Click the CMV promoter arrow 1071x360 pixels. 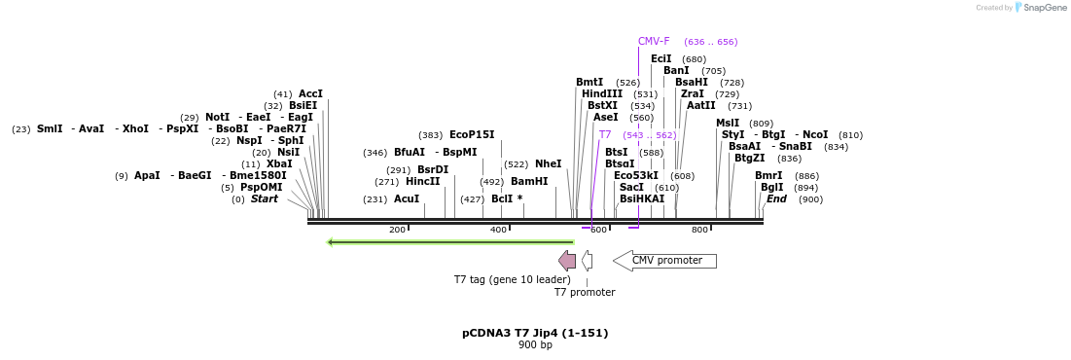[664, 261]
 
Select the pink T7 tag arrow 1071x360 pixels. [567, 261]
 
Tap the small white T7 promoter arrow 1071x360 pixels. [587, 261]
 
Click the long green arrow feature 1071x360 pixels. [450, 242]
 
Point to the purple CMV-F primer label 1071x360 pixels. [654, 42]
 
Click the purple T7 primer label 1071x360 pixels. [605, 135]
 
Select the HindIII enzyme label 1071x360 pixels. [602, 94]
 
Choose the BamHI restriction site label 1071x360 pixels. [529, 182]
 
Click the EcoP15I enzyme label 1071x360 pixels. [472, 135]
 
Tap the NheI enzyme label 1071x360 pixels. [548, 164]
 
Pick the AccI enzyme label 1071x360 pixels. [310, 94]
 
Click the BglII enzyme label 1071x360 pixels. [771, 188]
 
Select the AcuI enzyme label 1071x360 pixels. [407, 199]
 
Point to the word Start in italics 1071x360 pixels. [264, 199]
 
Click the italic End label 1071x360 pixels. [776, 199]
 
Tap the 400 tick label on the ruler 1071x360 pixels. [498, 230]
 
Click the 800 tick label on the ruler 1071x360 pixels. [699, 230]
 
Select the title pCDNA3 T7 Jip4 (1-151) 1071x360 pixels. [535, 333]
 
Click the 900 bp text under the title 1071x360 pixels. [535, 345]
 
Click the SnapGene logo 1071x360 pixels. [1041, 8]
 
